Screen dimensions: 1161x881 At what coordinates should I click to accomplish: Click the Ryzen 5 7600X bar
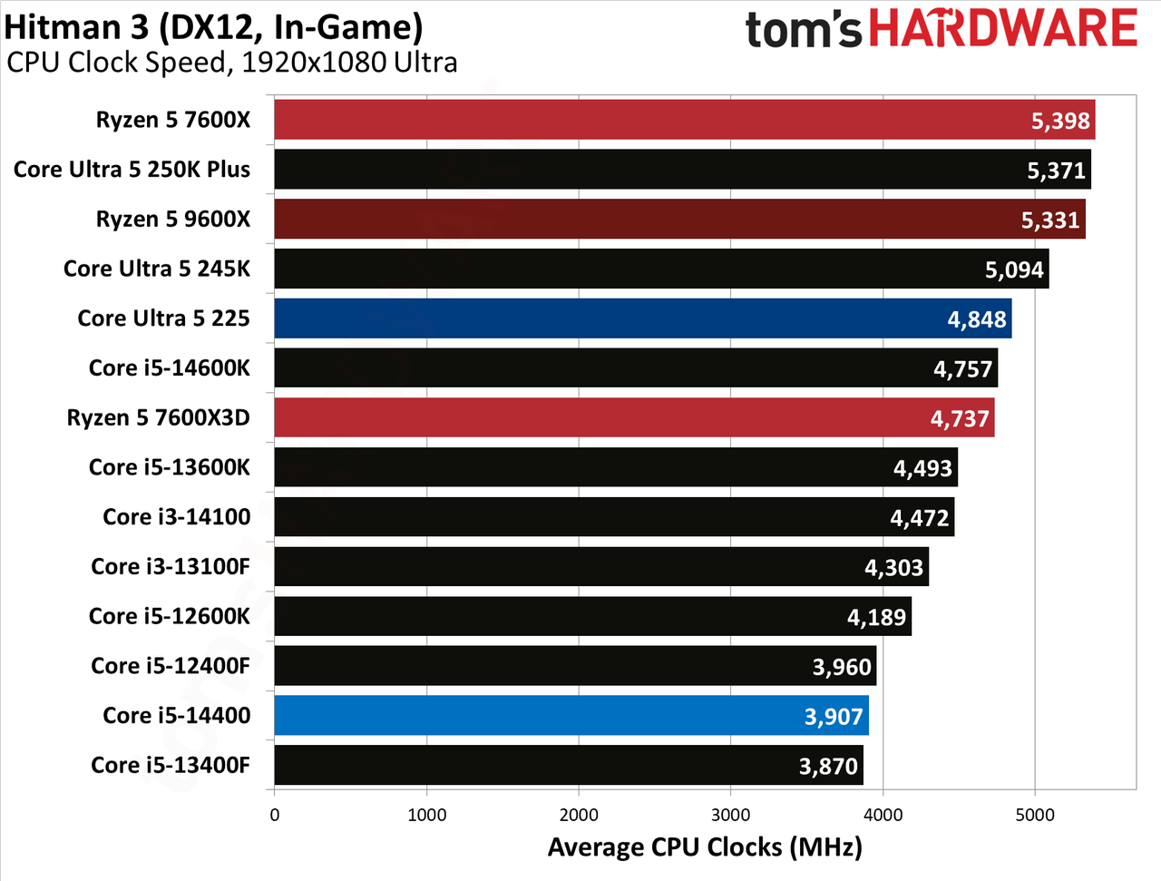tap(685, 120)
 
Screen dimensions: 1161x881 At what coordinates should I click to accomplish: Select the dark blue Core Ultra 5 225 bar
tap(643, 318)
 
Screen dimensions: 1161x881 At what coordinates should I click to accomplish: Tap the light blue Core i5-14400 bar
tap(571, 715)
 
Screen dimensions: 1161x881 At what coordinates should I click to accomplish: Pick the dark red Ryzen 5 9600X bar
tap(679, 219)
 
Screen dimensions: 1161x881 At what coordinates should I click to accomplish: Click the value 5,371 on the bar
tap(1057, 171)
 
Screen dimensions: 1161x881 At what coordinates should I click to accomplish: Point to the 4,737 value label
tap(960, 418)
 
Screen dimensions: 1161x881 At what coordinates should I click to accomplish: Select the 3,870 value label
tap(828, 766)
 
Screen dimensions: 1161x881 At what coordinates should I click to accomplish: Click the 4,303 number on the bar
tap(894, 567)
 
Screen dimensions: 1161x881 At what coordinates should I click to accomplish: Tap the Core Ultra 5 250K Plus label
tap(132, 170)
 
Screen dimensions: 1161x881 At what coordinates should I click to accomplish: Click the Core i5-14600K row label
tap(170, 367)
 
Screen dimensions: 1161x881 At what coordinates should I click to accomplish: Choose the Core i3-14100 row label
tap(177, 516)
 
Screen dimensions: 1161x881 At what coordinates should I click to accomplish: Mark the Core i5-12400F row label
tap(171, 666)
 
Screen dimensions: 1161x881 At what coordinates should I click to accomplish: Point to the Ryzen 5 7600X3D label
tap(158, 417)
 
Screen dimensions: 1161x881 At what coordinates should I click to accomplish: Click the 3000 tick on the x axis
tap(730, 816)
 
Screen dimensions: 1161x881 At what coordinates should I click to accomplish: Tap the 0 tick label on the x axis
tap(275, 816)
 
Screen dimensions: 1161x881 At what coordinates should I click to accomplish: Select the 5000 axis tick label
tap(1035, 816)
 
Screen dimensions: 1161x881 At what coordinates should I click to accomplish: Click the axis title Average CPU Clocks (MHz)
tap(705, 847)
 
